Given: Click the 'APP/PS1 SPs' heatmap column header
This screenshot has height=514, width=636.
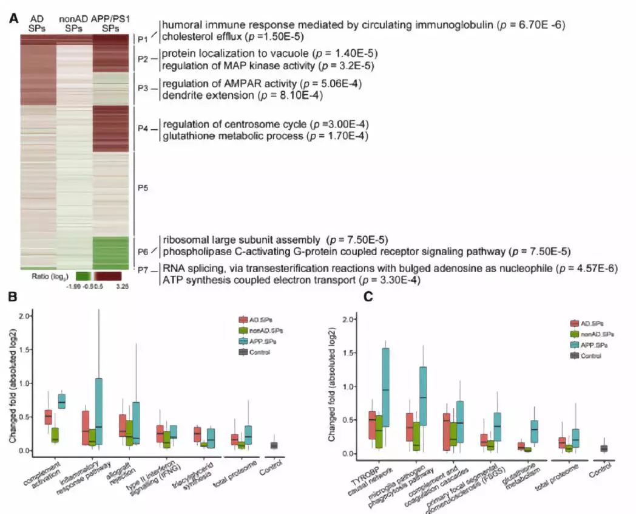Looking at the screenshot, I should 110,23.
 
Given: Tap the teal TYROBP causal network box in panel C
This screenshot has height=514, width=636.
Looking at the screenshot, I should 386,388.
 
